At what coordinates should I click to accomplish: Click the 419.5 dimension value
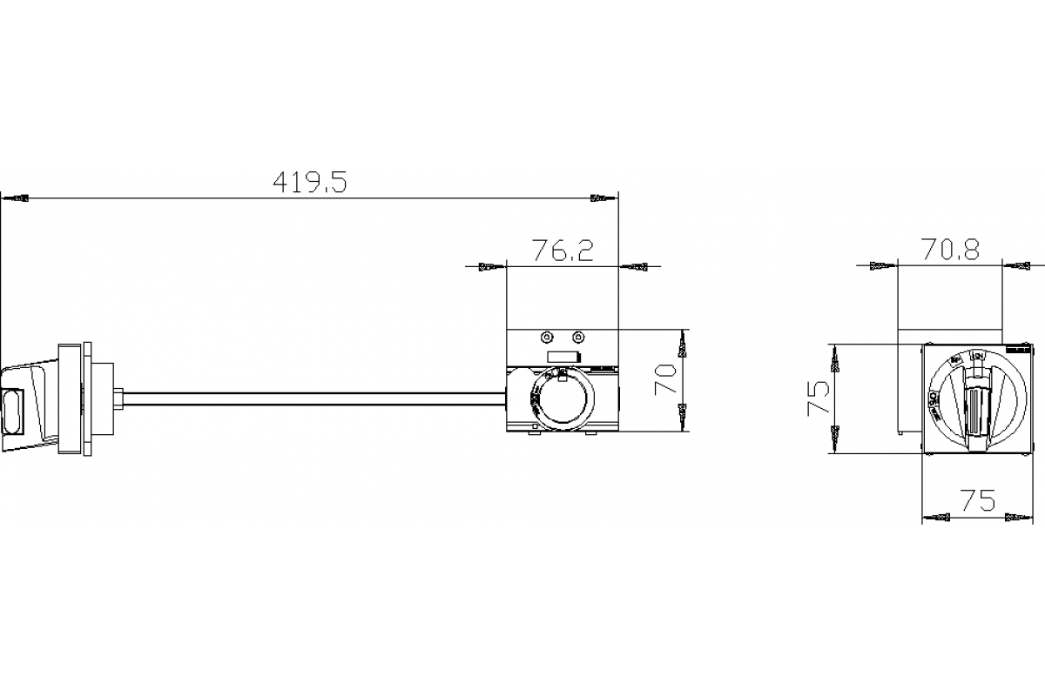click(309, 182)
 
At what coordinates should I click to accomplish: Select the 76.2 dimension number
click(563, 251)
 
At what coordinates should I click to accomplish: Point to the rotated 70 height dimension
click(667, 380)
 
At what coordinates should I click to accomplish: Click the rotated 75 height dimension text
click(819, 398)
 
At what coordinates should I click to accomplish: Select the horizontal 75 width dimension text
click(977, 501)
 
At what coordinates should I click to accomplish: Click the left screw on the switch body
click(546, 338)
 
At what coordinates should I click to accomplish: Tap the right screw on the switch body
click(577, 338)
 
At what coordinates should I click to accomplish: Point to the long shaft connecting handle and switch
click(313, 399)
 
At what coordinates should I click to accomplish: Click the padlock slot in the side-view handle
click(11, 412)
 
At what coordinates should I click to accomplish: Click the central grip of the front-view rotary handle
click(977, 407)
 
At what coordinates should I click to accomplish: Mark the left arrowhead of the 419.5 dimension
click(19, 198)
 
